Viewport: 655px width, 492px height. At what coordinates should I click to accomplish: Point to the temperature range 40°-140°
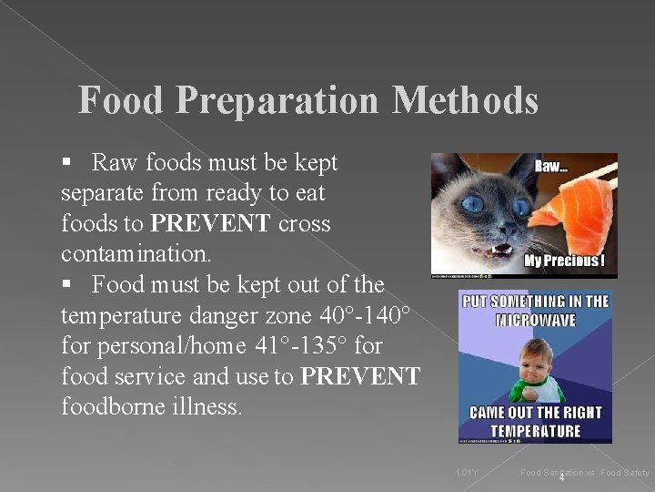click(x=368, y=315)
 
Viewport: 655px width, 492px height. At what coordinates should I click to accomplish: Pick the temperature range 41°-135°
click(x=295, y=345)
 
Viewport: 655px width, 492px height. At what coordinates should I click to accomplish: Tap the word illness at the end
click(x=210, y=405)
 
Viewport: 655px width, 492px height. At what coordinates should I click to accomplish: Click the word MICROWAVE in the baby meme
click(x=536, y=321)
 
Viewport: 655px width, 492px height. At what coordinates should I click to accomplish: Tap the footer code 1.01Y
click(x=467, y=472)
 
